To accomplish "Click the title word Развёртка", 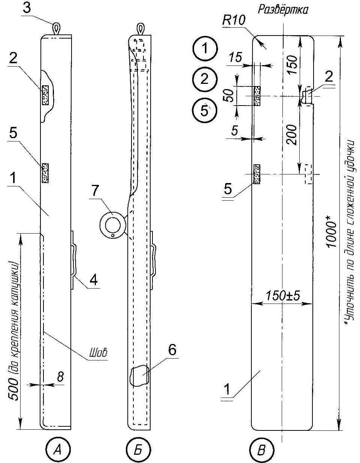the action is point(283,10).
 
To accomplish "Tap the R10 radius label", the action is point(234,21).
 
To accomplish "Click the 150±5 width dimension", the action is point(283,296).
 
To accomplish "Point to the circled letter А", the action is point(58,451).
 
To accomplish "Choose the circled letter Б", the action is point(139,451).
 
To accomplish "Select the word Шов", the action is point(98,353).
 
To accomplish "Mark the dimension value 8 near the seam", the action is point(60,377).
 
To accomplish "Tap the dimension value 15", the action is point(236,57).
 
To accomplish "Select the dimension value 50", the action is point(228,96).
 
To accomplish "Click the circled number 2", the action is point(205,79).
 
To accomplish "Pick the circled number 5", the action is point(205,110).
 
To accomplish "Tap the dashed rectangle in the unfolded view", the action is point(308,174).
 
